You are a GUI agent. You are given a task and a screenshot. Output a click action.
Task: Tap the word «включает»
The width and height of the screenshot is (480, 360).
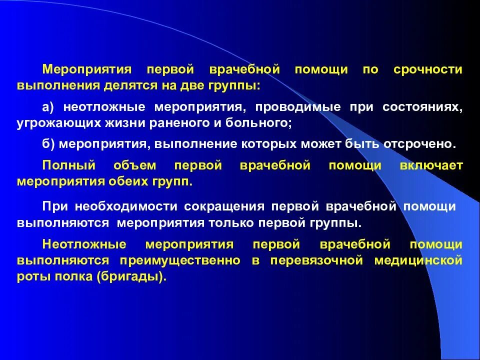point(431,165)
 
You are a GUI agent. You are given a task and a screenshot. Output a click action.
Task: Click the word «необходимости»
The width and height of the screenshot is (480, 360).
point(128,206)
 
